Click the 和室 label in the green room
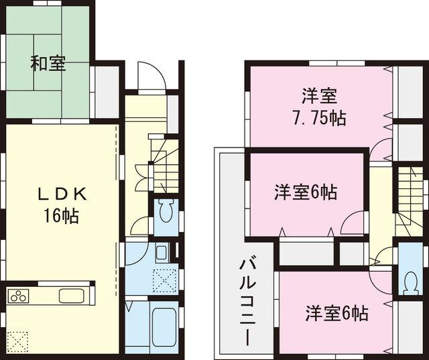(x=47, y=64)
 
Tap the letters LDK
(x=61, y=194)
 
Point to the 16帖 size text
(x=61, y=216)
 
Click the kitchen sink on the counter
(x=70, y=296)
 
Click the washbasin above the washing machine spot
(x=162, y=253)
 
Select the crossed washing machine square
(x=164, y=280)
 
